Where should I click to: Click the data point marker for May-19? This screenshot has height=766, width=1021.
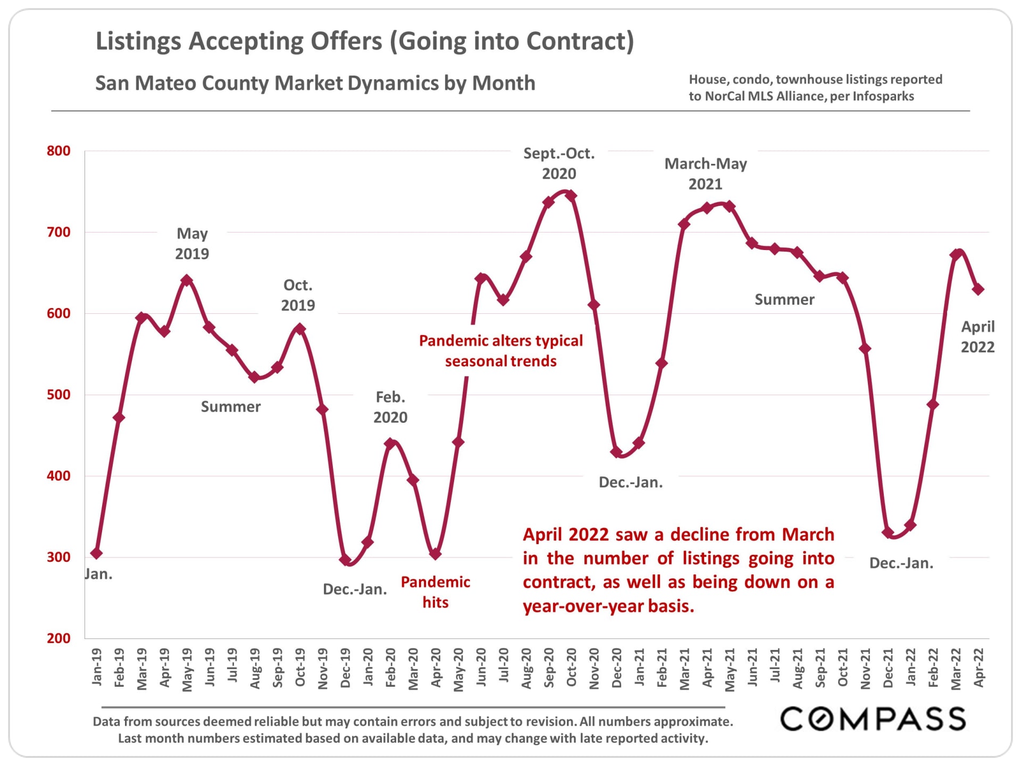186,280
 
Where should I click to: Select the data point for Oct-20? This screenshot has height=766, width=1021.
571,196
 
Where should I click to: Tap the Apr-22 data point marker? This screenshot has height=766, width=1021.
978,289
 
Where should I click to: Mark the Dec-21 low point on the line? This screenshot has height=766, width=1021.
888,532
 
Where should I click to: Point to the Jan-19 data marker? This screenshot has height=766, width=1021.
96,553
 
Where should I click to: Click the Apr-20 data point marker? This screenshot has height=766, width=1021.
436,554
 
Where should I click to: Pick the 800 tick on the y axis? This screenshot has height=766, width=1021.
58,151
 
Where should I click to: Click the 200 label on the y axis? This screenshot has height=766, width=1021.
58,638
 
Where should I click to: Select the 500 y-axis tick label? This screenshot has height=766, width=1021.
58,395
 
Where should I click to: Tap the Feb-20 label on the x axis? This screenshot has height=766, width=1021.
390,667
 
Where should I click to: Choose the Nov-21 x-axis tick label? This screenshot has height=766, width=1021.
865,668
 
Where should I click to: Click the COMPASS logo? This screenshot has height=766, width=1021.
873,719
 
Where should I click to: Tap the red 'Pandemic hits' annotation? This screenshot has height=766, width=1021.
435,592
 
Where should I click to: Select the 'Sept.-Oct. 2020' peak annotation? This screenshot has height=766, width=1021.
559,163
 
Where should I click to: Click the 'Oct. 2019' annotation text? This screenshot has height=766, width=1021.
298,295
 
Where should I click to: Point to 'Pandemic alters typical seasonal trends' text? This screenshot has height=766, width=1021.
500,351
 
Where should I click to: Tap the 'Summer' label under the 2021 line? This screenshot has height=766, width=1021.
784,299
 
